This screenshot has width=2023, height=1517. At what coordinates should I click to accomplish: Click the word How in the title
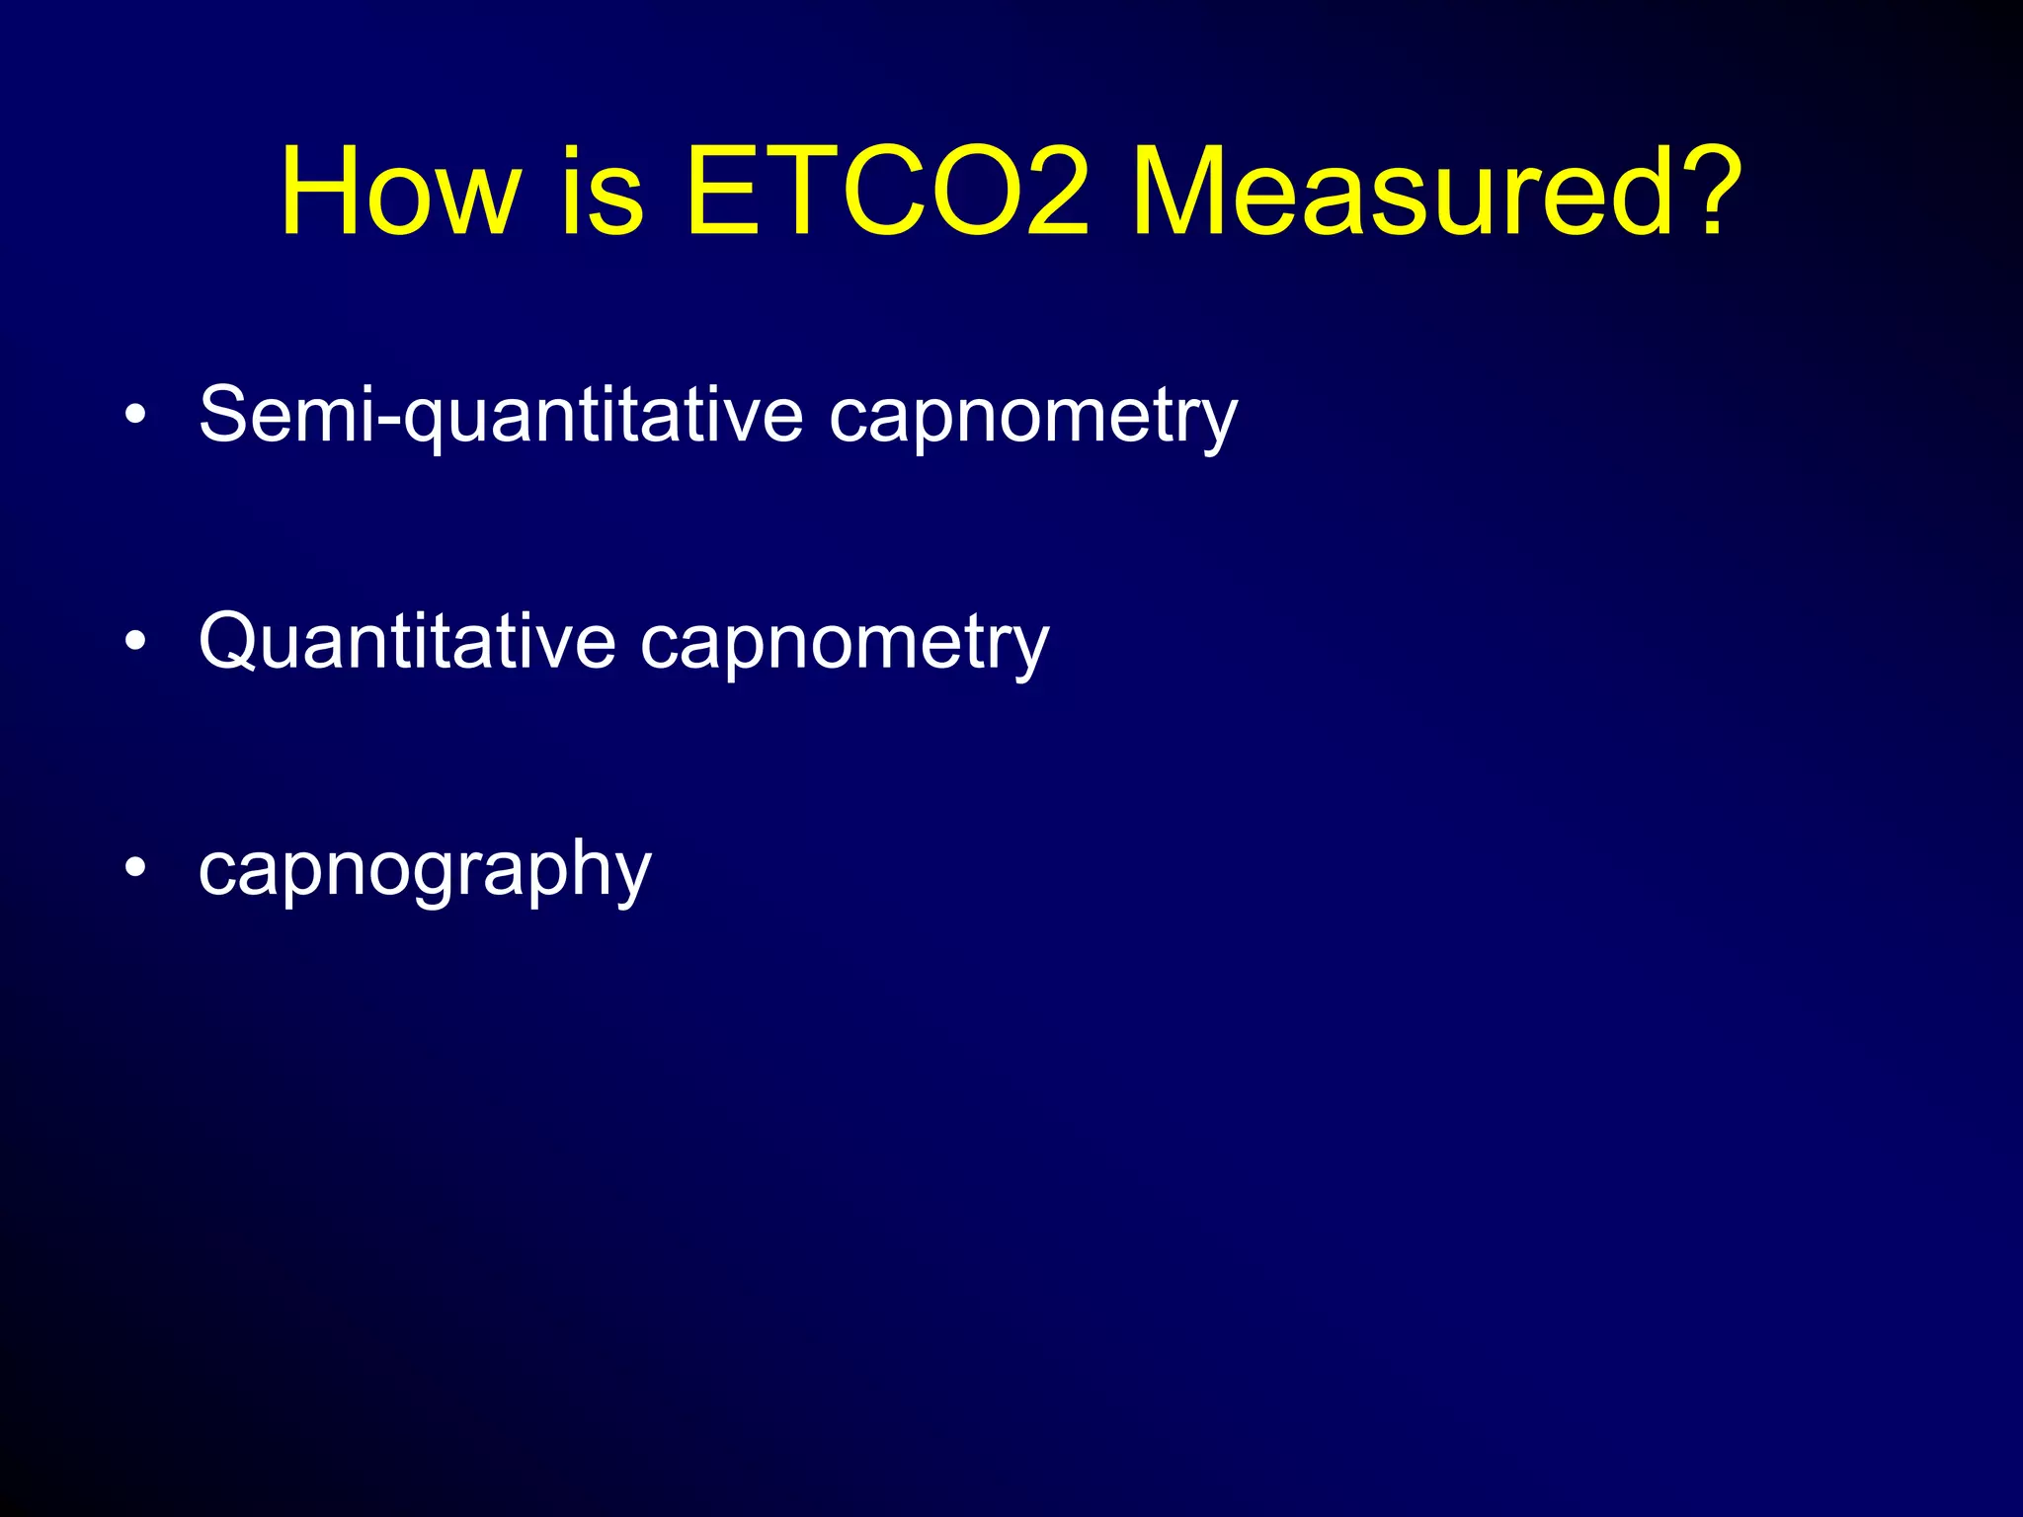[x=399, y=192]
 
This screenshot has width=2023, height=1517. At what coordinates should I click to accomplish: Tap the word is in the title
[x=603, y=192]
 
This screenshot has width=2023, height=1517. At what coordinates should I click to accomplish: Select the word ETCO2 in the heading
[x=887, y=192]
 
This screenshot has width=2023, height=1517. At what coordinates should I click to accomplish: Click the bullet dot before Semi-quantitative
[x=135, y=416]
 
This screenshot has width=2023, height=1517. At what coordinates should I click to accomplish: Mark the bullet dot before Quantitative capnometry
[x=135, y=642]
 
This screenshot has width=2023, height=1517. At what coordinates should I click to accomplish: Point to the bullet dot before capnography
[x=135, y=868]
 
